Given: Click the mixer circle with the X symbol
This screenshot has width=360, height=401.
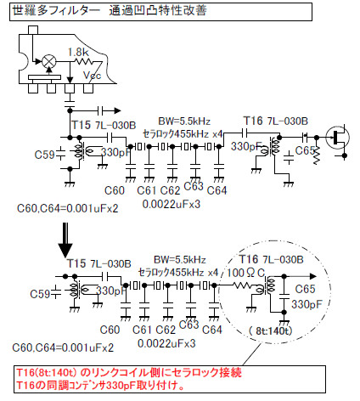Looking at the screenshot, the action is click(49, 61).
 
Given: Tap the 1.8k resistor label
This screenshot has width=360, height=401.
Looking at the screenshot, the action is click(78, 52).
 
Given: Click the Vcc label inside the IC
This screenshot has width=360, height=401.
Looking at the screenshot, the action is click(92, 76).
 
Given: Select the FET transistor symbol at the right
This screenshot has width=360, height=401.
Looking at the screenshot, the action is click(337, 138).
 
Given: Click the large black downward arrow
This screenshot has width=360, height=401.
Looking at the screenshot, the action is click(65, 240).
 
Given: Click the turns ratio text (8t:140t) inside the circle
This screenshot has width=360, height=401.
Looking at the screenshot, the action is click(270, 330).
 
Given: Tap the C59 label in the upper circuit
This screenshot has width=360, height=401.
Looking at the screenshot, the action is click(44, 155).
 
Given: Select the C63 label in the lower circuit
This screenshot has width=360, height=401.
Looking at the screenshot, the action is click(188, 325).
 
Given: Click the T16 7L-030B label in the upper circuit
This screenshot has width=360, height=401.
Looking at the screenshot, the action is click(276, 121).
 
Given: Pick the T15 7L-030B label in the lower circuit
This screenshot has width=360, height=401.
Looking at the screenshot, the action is click(98, 263).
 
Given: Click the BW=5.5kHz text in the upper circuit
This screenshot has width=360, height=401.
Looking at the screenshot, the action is click(184, 121).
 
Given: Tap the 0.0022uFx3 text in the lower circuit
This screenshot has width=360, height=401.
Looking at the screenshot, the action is click(166, 343).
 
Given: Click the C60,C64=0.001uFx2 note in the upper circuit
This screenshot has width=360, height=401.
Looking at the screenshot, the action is click(68, 209).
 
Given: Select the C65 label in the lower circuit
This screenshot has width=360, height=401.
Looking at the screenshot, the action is click(305, 289).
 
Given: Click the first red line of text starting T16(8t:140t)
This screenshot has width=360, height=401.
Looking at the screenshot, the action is click(129, 372).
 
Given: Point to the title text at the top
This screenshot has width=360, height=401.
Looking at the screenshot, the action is click(110, 11).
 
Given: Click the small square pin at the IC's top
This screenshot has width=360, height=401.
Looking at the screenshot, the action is click(33, 30).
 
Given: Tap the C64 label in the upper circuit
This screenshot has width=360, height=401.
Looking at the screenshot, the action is click(217, 190).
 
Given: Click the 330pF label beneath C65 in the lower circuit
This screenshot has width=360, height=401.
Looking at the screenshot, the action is click(307, 304).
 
